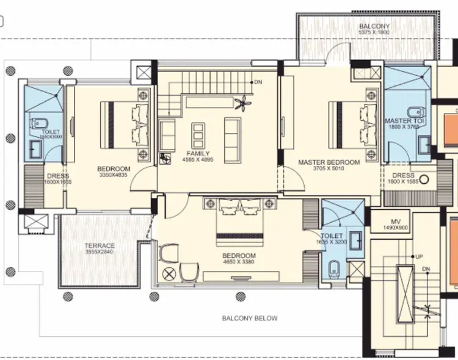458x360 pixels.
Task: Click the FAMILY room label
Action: (198, 154)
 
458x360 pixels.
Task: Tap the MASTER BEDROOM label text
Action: (329, 162)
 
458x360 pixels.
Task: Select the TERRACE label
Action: (100, 246)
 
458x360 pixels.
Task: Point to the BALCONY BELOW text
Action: (249, 318)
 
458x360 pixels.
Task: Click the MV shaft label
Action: (394, 221)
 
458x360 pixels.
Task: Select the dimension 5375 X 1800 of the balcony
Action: (374, 34)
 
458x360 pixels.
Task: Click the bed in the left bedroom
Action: (125, 125)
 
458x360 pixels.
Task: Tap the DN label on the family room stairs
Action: (258, 82)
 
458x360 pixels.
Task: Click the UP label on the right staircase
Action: (419, 256)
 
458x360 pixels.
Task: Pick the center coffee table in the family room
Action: (198, 131)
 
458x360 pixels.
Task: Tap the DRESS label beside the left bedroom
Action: (58, 176)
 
